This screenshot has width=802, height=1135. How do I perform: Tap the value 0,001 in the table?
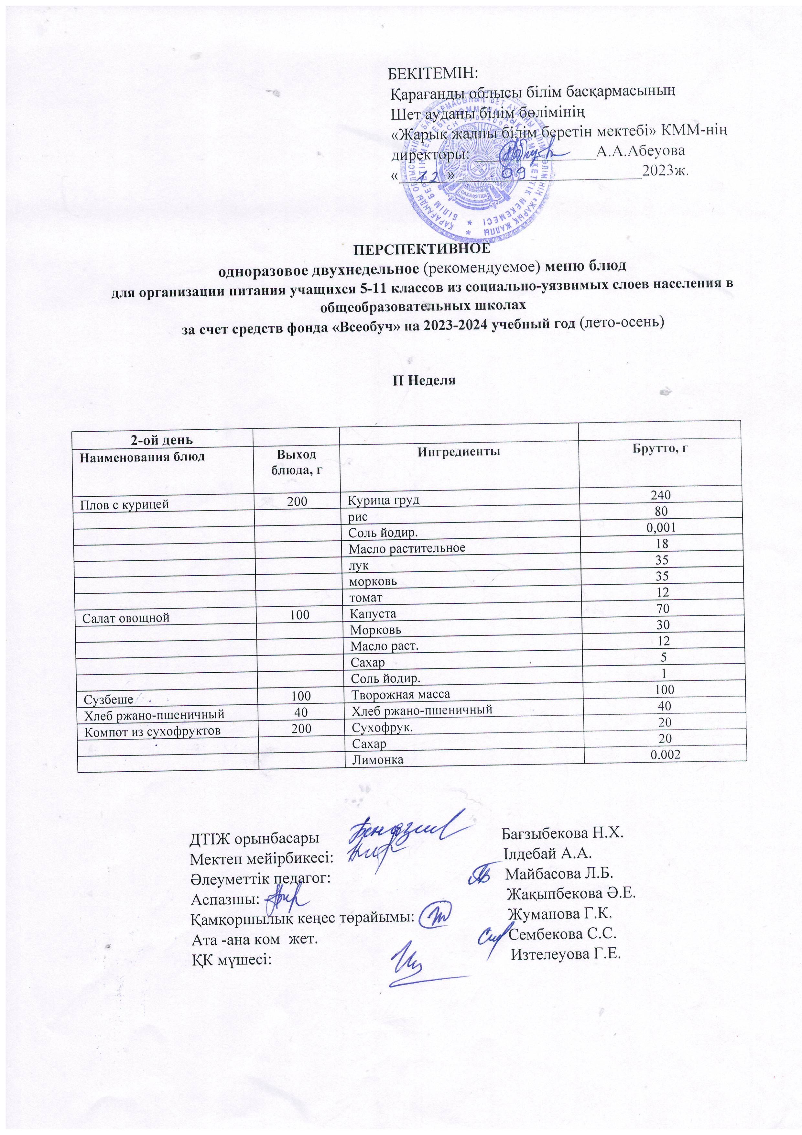point(661,527)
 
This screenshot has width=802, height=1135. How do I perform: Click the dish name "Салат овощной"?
point(126,617)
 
